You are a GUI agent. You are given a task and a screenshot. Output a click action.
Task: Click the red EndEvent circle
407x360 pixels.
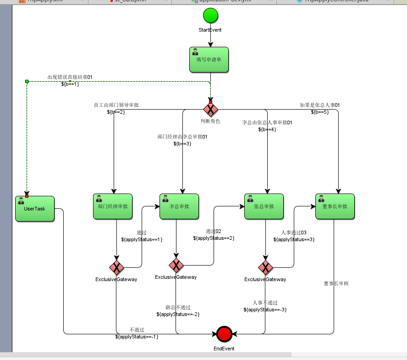224,334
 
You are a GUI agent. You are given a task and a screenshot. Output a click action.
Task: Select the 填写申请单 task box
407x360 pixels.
209,60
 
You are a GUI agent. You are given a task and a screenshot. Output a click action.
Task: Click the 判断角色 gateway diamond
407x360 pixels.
210,109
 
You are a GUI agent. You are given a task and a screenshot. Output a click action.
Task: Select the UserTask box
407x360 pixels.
35,209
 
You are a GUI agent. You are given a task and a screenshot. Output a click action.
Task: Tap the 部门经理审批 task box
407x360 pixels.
113,206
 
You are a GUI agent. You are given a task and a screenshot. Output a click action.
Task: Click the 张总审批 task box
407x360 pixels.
264,206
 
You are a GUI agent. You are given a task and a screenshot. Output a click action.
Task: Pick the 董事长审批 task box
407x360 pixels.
335,206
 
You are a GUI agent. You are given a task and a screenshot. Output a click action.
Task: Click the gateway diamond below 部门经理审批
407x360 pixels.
116,267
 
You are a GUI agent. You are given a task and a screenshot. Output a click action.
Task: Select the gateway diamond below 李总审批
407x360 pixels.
176,265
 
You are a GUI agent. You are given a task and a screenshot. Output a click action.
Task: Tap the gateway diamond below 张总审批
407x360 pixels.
265,267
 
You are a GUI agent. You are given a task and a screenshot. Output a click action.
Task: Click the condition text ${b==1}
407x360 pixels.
70,84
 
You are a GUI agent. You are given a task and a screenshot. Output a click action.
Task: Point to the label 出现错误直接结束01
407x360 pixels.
70,77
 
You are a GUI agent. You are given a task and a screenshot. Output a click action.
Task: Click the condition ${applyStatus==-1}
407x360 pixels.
137,337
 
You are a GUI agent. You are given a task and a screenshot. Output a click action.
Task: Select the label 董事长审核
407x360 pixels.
336,283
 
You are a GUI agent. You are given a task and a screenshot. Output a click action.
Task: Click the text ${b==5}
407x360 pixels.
319,112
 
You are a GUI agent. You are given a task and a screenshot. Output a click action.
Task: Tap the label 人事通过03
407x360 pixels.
294,233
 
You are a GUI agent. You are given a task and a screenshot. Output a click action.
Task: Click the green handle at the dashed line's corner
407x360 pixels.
27,81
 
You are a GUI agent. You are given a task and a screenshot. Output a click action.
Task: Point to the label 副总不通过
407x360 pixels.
178,307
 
